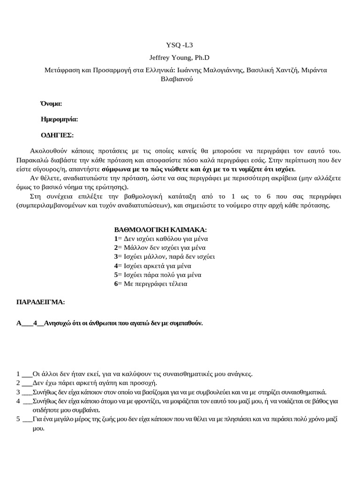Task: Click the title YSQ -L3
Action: (x=180, y=45)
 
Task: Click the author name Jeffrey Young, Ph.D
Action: (x=180, y=58)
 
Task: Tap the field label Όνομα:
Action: (x=51, y=103)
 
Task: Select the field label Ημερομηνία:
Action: (x=60, y=119)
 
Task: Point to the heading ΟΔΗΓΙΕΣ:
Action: (x=57, y=135)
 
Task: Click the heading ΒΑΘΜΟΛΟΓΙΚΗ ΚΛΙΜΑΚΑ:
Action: (x=160, y=230)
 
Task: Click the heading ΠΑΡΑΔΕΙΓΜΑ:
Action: (x=41, y=301)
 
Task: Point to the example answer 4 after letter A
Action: (x=35, y=323)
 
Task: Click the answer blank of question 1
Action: (x=27, y=374)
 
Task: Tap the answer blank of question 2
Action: (x=27, y=383)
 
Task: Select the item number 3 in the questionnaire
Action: (x=18, y=392)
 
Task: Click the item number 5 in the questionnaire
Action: (x=18, y=420)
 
